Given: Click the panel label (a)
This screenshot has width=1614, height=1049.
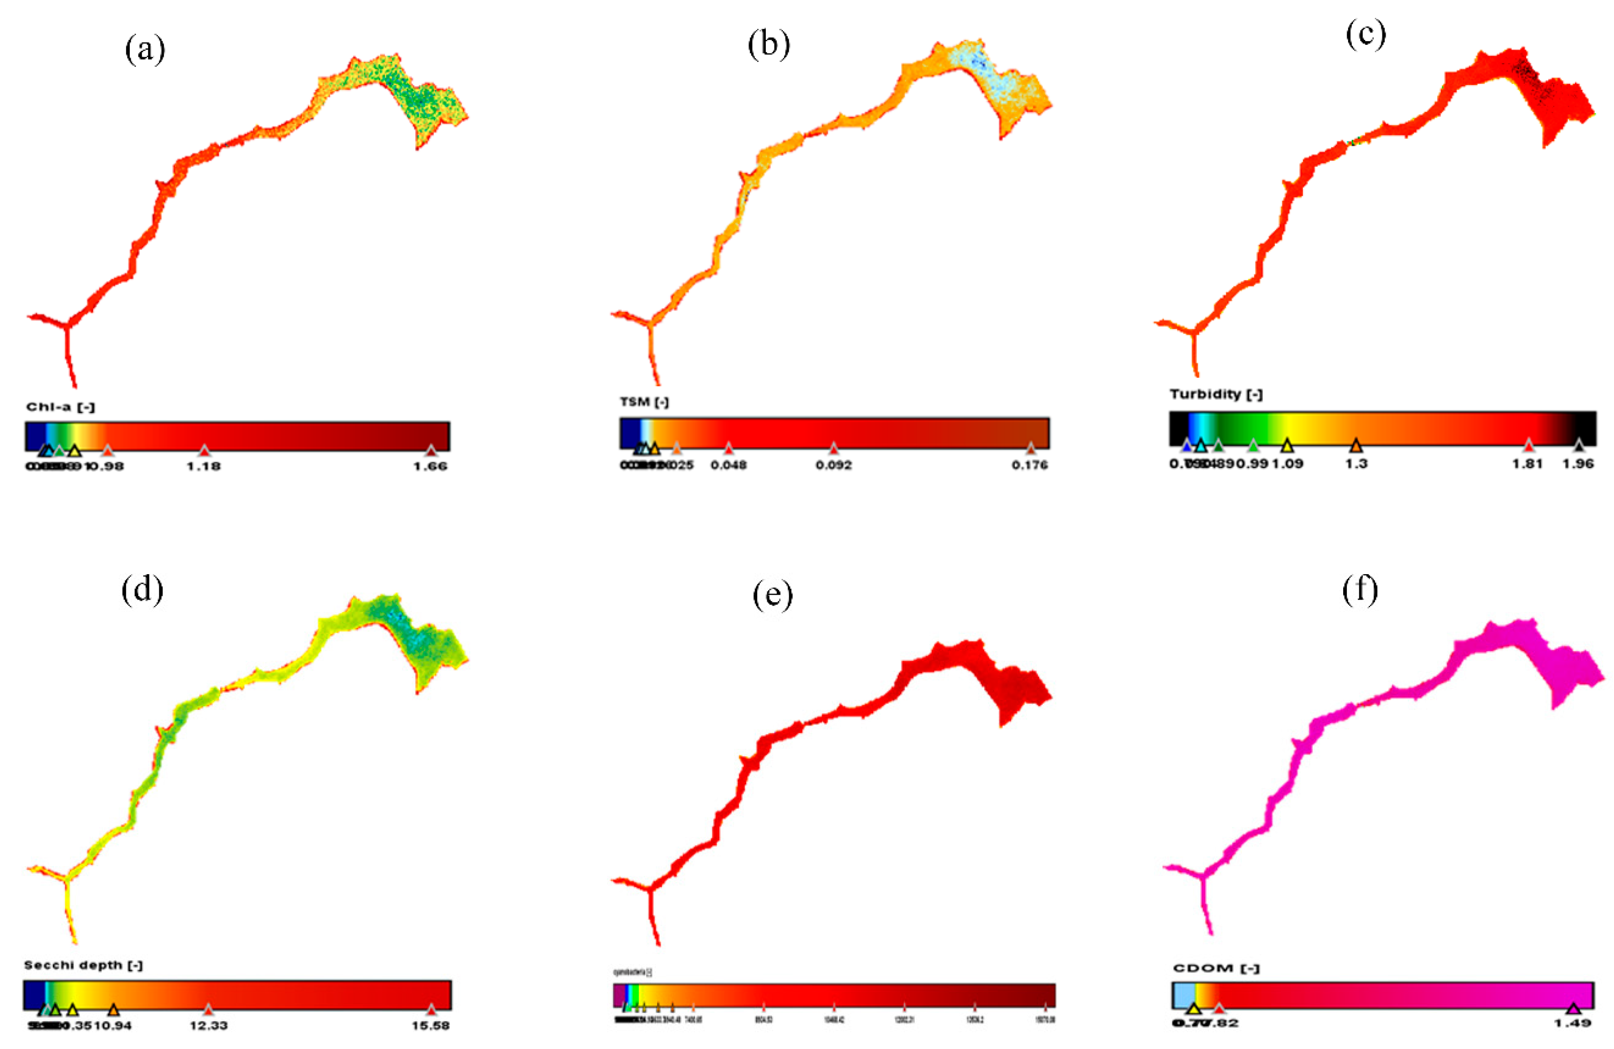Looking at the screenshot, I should [x=145, y=50].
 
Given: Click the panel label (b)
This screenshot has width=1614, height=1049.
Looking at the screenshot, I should [x=769, y=45].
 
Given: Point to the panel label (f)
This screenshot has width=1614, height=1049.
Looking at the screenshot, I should [x=1360, y=591].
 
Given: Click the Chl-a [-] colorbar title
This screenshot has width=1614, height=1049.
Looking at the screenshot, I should [x=60, y=407].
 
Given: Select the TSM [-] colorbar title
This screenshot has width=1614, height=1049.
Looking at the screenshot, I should [x=644, y=402].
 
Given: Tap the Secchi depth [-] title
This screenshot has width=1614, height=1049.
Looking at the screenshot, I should [x=83, y=965].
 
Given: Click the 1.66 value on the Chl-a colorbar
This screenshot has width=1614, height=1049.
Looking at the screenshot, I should [x=431, y=466].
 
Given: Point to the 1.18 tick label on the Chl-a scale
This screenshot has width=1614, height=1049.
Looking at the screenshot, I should [x=204, y=466].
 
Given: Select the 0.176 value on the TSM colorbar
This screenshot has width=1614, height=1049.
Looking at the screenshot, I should [x=1029, y=465].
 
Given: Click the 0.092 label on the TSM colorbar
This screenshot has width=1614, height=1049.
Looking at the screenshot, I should [x=833, y=465].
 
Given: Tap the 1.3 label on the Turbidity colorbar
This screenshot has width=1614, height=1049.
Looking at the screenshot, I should [x=1356, y=464].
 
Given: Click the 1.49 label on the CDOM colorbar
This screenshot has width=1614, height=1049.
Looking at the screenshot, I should [x=1573, y=1023].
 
